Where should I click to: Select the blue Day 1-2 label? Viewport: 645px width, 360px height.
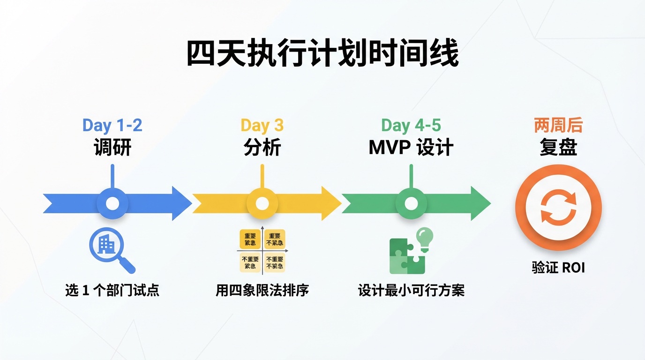[x=112, y=125]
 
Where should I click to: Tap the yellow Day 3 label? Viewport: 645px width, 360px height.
[x=262, y=125]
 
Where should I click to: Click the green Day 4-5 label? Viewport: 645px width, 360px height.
[x=411, y=125]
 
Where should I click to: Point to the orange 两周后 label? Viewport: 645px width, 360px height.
[x=558, y=125]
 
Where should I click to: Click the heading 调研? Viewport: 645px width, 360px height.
[x=112, y=148]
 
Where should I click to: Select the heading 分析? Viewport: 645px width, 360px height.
[x=262, y=148]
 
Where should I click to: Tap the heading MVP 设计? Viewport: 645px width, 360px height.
[x=411, y=148]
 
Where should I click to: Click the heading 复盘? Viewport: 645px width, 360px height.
[x=558, y=148]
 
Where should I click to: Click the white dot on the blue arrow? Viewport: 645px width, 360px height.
[x=112, y=203]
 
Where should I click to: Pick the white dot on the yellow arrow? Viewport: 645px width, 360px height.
[x=262, y=203]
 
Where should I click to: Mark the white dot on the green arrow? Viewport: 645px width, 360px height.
[x=411, y=203]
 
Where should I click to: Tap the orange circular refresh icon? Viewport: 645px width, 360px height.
[x=558, y=207]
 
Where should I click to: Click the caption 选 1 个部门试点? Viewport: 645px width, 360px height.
[x=112, y=290]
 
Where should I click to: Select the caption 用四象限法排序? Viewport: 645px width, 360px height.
[x=262, y=290]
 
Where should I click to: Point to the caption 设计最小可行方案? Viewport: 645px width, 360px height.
[x=411, y=290]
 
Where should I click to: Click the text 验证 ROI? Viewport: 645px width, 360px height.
[x=558, y=268]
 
